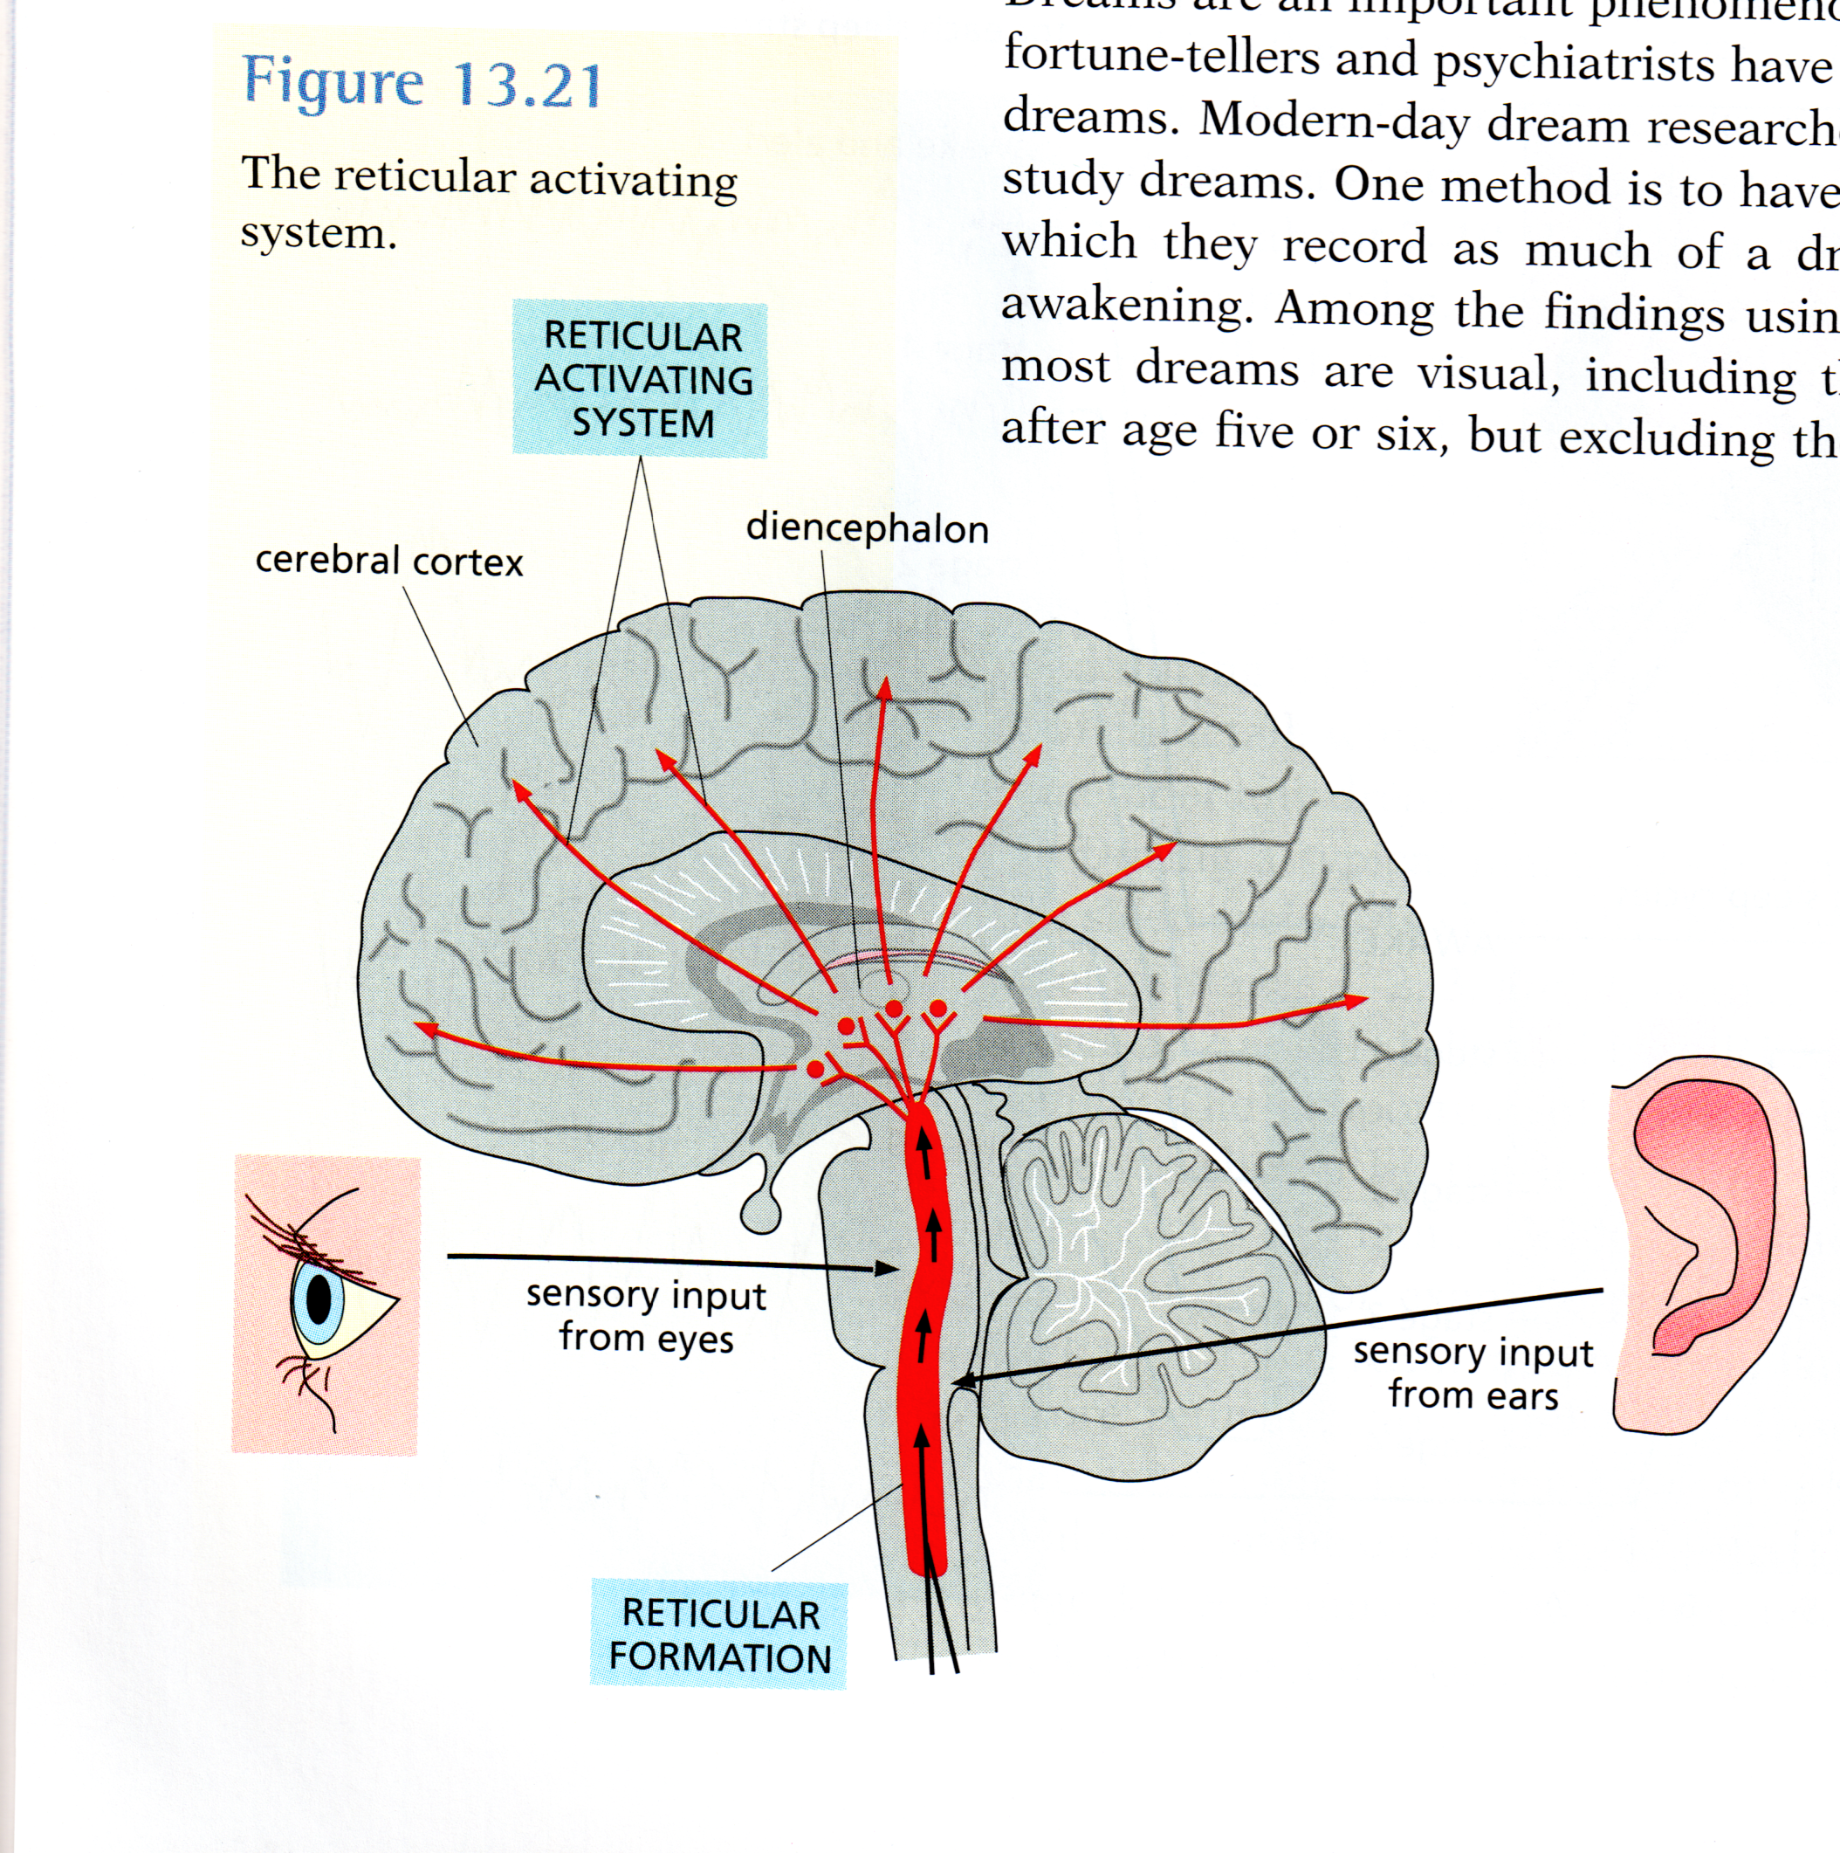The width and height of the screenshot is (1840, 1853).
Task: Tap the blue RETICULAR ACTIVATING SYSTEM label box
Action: click(641, 379)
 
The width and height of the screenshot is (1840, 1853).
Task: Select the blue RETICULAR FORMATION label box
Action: click(719, 1636)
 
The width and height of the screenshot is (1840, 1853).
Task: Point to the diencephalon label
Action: click(867, 528)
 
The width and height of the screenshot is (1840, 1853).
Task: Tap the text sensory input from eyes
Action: click(645, 1316)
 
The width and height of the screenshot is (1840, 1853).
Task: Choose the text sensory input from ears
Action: click(1473, 1373)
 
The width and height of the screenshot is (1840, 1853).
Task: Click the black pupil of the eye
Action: click(319, 1298)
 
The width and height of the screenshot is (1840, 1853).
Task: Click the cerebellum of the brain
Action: click(1150, 1266)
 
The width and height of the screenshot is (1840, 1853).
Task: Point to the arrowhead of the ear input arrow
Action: click(965, 1382)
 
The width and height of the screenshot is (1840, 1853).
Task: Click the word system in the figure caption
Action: click(318, 233)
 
